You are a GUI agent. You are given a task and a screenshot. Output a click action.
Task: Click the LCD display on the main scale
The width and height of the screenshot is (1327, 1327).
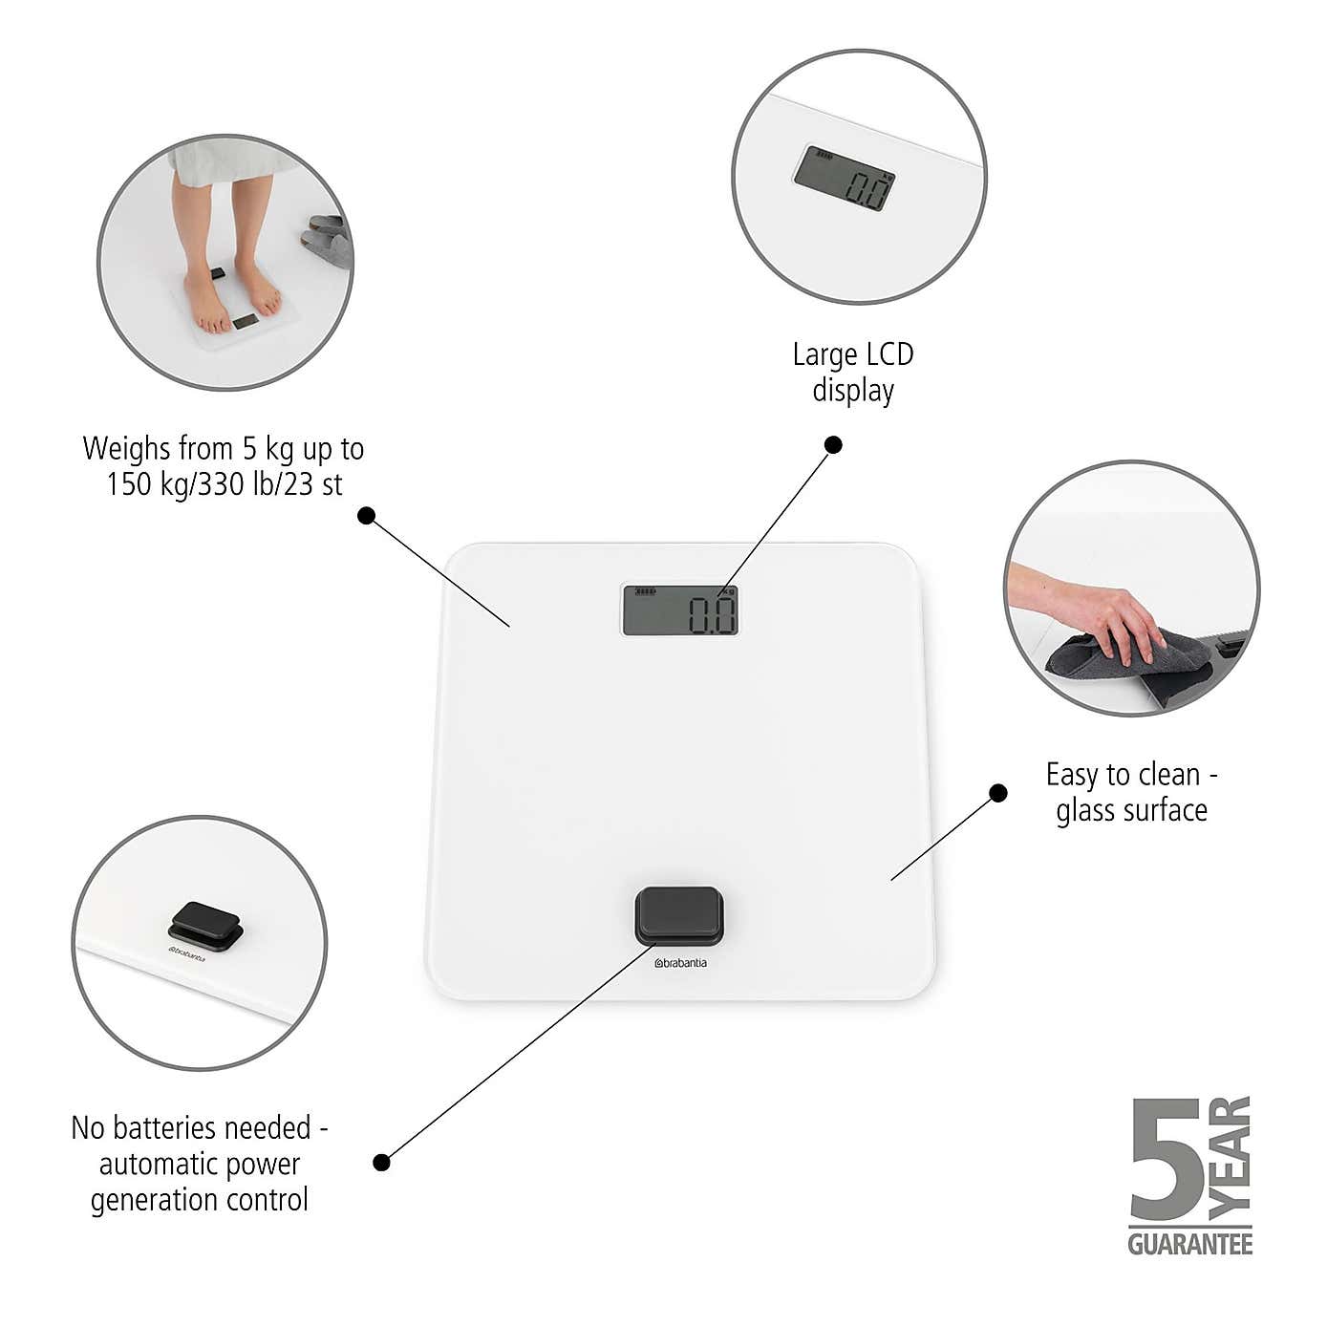pos(679,610)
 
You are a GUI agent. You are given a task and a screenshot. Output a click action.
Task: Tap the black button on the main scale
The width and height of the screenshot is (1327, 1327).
pos(679,915)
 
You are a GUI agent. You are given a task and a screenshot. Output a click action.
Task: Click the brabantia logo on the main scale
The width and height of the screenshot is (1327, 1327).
pos(680,963)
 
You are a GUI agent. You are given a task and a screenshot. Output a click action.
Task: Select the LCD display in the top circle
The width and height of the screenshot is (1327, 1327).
pos(845,177)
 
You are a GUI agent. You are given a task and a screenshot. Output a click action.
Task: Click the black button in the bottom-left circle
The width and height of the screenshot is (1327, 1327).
pos(205,926)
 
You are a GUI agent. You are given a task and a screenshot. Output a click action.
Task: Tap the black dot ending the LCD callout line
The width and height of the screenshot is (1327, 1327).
pos(833,445)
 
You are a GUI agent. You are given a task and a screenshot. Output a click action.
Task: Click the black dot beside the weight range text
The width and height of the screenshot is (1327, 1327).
pos(366,515)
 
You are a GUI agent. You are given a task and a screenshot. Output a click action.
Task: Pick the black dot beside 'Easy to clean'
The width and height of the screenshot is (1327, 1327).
pos(997,793)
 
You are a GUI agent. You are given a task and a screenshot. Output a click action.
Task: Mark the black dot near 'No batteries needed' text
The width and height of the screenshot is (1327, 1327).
pos(381,1163)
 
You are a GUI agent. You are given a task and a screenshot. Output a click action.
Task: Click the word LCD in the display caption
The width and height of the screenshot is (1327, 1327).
pos(889,354)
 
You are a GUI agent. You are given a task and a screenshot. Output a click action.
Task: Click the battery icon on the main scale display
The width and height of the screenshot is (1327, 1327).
pos(645,591)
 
